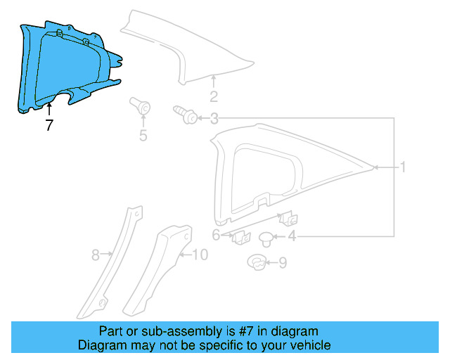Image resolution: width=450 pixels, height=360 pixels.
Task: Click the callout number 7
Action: click(49, 127)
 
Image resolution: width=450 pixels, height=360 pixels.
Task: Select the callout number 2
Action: click(214, 97)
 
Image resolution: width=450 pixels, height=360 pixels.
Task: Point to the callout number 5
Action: click(143, 136)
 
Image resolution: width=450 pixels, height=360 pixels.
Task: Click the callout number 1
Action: click(404, 167)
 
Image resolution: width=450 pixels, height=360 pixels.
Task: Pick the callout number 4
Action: click(291, 237)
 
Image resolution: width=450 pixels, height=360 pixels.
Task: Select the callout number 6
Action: click(217, 235)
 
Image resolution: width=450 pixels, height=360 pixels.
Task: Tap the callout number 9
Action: click(283, 263)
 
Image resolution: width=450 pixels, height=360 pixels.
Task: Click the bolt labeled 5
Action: click(142, 108)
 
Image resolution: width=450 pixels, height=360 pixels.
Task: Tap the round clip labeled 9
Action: click(256, 264)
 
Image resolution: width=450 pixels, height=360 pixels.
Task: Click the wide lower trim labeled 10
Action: click(158, 267)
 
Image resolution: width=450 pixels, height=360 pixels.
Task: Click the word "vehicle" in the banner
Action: click(308, 345)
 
